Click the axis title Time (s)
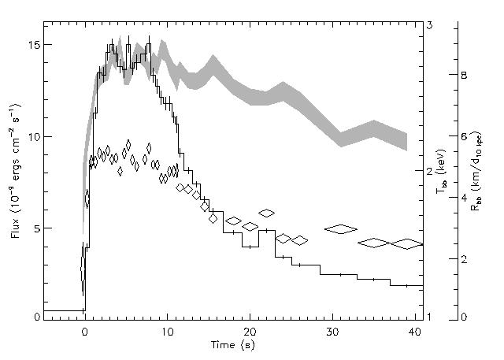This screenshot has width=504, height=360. (x=237, y=344)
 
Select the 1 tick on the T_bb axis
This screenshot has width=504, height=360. (x=429, y=316)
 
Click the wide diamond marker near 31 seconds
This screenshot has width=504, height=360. (x=341, y=229)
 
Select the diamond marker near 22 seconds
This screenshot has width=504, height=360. (x=267, y=213)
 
